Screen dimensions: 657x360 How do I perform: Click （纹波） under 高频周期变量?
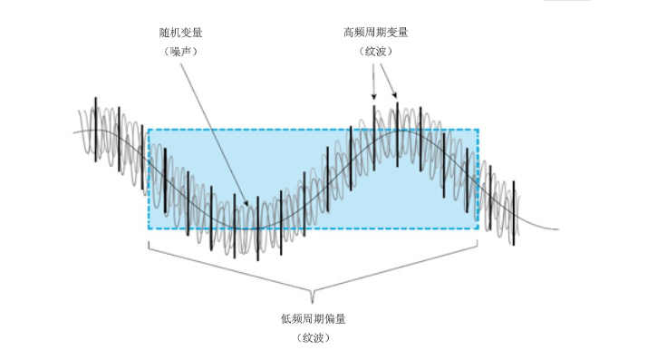tap(376, 52)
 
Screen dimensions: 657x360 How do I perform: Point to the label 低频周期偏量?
tap(314, 319)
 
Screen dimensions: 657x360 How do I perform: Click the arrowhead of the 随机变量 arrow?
tap(246, 203)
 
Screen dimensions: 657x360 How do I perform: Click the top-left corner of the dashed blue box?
tap(148, 129)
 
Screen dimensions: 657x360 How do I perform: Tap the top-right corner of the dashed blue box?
tap(478, 129)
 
